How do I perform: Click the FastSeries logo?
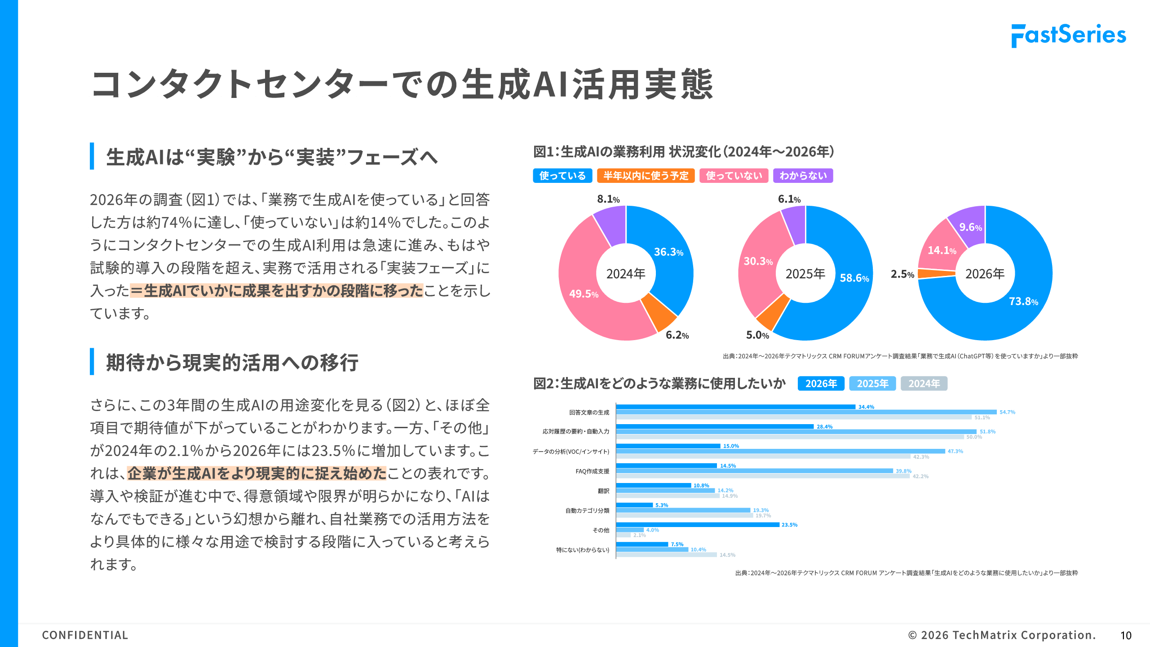[1068, 35]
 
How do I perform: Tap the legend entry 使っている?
[562, 176]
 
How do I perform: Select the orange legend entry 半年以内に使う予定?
[646, 176]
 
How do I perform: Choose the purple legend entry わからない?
[803, 176]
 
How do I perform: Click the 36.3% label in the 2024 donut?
[668, 252]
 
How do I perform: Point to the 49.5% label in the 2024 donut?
[584, 294]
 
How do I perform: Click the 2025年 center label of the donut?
[805, 274]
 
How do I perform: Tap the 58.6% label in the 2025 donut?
[854, 278]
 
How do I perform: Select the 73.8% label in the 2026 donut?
[1023, 301]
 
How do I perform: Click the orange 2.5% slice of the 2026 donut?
[937, 273]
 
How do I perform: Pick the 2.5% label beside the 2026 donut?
[902, 274]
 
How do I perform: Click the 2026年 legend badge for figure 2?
[821, 384]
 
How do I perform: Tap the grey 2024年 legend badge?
[924, 384]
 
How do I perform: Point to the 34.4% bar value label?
[866, 407]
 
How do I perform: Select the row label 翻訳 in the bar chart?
[603, 491]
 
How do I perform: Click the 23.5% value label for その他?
[789, 525]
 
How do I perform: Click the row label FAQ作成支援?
[592, 471]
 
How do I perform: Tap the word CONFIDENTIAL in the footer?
[85, 635]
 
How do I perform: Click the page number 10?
[1126, 635]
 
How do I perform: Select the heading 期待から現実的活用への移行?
[232, 363]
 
